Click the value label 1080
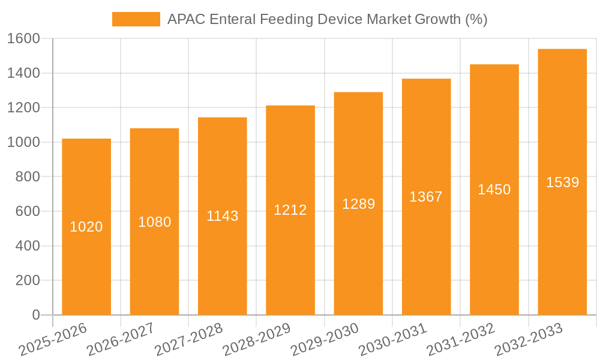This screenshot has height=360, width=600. (x=155, y=222)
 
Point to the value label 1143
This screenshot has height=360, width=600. (x=223, y=216)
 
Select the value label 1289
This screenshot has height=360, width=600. (x=358, y=204)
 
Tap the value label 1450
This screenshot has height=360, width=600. (x=494, y=190)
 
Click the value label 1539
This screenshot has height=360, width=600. (x=562, y=182)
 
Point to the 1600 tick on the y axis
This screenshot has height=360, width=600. (x=23, y=39)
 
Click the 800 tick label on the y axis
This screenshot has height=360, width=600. (x=28, y=177)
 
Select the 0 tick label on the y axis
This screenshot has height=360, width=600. (x=35, y=315)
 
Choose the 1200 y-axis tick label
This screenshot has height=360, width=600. (x=23, y=108)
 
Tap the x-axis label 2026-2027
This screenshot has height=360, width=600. (x=121, y=340)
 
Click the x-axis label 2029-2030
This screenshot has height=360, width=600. (x=325, y=340)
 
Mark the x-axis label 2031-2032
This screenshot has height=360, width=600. (x=460, y=340)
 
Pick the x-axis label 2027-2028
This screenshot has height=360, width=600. (x=188, y=340)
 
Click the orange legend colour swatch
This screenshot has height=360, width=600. (x=136, y=19)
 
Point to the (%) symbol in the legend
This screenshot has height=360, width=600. (x=476, y=19)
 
